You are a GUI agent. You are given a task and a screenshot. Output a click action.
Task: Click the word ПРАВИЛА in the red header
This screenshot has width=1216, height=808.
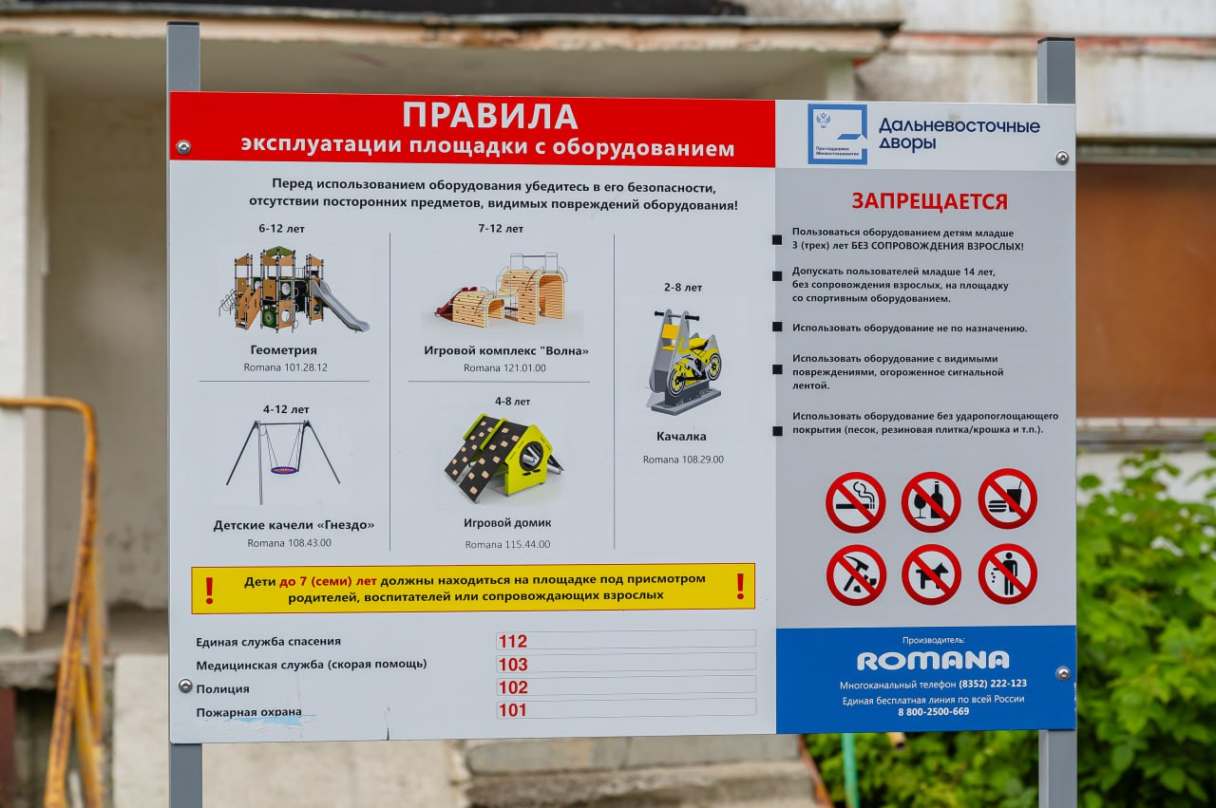(489, 116)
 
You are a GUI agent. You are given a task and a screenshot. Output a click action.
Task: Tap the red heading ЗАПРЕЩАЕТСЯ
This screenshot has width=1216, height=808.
(928, 201)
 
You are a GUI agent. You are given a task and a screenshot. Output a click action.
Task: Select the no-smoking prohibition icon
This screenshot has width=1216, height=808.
(855, 502)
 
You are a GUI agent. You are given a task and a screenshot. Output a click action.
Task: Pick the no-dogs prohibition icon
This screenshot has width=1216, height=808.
(931, 574)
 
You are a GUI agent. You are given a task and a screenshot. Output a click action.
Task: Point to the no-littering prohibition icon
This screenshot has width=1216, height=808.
(1007, 574)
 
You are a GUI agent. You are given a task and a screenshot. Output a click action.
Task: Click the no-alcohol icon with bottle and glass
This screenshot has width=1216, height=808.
(931, 502)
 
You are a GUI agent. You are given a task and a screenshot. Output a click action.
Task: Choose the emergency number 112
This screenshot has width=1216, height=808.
(512, 641)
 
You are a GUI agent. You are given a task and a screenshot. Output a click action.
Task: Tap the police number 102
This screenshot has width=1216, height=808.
(512, 687)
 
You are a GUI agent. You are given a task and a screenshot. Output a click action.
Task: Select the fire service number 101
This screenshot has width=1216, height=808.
(512, 710)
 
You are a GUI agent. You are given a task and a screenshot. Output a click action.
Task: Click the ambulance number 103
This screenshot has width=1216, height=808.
(512, 665)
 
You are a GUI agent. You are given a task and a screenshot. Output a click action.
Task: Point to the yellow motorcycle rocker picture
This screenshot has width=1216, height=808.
(684, 362)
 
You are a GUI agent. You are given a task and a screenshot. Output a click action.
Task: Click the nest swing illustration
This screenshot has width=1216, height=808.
(283, 461)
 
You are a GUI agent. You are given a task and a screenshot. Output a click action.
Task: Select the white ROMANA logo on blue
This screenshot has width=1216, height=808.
(933, 661)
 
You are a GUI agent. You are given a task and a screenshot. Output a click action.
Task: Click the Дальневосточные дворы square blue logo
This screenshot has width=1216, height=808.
(837, 134)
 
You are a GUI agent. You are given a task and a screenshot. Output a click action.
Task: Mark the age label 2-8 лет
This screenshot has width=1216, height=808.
(683, 287)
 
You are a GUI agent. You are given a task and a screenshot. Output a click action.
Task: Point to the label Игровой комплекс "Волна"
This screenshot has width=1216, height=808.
(506, 350)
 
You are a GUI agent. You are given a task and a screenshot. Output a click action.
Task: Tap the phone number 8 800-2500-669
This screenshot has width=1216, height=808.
(933, 712)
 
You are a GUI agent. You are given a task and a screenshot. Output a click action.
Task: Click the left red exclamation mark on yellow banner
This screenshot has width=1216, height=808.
(210, 590)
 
